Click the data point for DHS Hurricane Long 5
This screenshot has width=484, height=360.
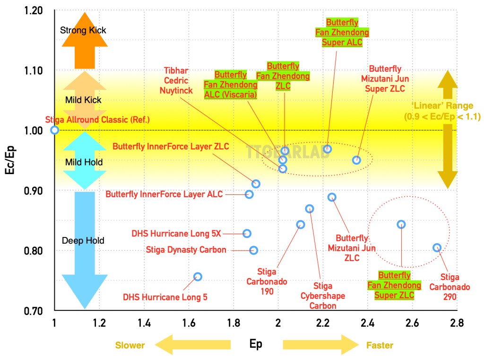pos(198,276)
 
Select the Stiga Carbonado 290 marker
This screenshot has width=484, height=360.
pos(437,247)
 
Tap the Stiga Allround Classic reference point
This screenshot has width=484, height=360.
pos(55,130)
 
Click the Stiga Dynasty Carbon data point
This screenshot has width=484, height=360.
pos(254,250)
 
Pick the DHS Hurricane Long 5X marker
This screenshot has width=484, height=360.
pos(247,233)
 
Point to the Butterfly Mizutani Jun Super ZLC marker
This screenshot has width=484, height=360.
pos(356,160)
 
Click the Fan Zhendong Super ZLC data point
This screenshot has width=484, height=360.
pos(401,224)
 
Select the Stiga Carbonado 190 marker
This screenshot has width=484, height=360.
pos(300,224)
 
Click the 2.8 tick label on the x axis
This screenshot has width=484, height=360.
pos(457,324)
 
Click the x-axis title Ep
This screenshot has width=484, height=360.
pos(256,344)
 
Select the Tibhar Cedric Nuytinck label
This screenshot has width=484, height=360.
pos(176,79)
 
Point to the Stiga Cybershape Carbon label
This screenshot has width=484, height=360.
pos(323,296)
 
